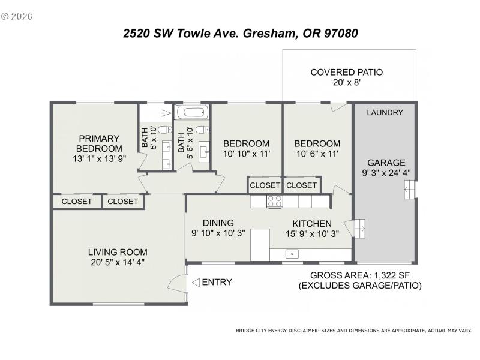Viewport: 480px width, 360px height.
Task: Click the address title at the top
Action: [240, 34]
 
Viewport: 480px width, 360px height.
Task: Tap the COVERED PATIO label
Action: [346, 73]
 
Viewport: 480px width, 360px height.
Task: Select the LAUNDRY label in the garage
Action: [385, 112]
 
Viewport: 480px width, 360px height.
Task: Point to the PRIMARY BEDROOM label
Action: [98, 143]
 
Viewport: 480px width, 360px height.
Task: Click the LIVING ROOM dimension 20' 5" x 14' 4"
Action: [118, 262]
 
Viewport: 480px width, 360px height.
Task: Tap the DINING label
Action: [218, 223]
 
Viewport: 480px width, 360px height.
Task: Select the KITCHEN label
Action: [311, 223]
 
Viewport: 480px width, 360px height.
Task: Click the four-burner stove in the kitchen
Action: [275, 201]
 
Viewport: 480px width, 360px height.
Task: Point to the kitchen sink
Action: [292, 254]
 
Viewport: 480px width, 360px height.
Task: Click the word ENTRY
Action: [217, 282]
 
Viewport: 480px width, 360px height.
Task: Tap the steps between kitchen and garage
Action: [360, 228]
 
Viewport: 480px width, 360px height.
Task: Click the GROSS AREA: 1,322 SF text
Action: [359, 275]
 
